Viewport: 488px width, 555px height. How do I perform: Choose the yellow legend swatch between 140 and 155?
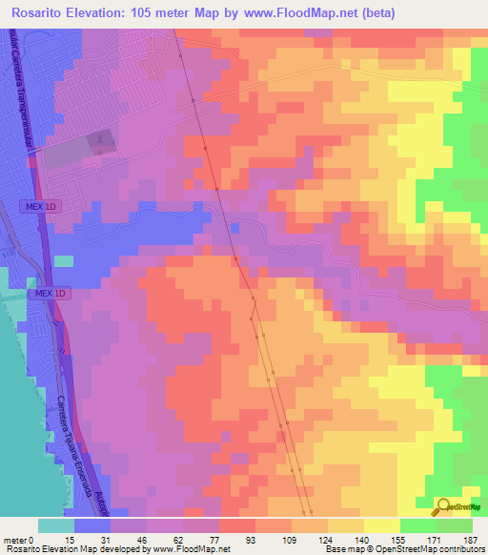click(x=382, y=525)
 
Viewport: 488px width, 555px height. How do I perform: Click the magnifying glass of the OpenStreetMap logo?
click(x=444, y=506)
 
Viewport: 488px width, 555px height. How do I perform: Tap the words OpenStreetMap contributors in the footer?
click(x=434, y=549)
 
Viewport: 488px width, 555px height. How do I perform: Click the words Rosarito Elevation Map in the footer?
click(x=38, y=549)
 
